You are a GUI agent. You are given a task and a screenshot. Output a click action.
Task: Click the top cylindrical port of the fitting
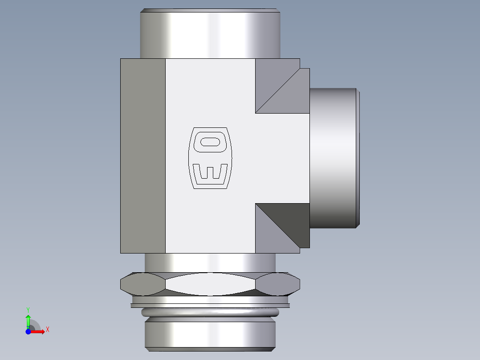coord(210,35)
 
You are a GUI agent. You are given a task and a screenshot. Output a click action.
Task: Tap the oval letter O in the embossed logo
coord(210,143)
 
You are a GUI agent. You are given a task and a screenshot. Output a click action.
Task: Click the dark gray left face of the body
coord(142,156)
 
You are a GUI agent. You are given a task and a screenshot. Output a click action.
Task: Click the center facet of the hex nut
coord(210,284)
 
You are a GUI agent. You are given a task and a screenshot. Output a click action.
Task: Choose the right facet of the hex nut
coord(278,284)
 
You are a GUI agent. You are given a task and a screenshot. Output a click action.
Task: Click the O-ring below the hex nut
coord(210,312)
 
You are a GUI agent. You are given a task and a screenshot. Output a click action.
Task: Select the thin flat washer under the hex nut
coord(210,306)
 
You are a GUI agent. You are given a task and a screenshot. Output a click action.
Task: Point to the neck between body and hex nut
coord(210,262)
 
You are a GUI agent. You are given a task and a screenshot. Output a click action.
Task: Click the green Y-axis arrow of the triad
coord(28,320)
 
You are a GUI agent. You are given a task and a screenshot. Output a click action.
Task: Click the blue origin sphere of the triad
coord(28,331)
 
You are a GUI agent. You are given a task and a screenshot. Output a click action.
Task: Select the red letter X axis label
coord(48,330)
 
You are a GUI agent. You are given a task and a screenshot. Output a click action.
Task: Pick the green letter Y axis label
coord(28,309)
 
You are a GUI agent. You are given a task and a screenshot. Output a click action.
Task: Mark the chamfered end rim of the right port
coord(358,158)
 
